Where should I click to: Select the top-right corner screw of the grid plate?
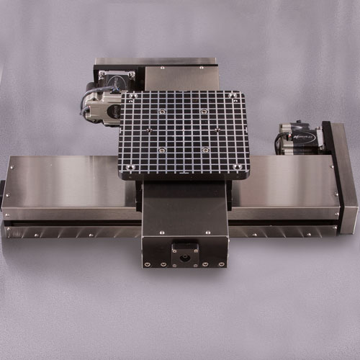(237, 96)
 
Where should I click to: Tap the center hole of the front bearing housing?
(184, 256)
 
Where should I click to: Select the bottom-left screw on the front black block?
(147, 264)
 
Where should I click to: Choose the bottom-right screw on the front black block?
(222, 264)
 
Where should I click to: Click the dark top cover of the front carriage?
(184, 209)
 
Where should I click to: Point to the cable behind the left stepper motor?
(81, 104)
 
